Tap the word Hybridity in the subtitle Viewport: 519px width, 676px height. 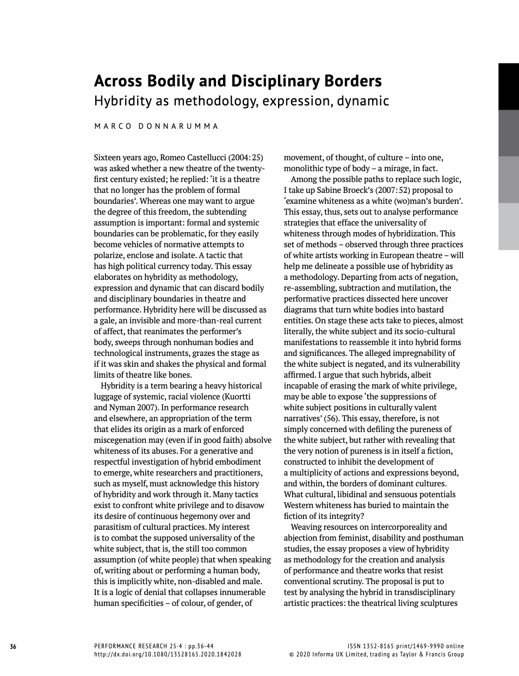click(119, 101)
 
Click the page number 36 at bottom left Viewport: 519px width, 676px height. click(13, 647)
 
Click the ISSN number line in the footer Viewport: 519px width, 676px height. click(405, 646)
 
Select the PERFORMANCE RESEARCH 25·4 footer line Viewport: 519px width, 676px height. click(154, 646)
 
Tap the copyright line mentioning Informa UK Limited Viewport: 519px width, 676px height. click(376, 654)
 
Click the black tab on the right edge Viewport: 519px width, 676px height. click(509, 86)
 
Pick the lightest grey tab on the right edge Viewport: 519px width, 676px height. click(509, 227)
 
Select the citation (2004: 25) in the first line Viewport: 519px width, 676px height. click(248, 158)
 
